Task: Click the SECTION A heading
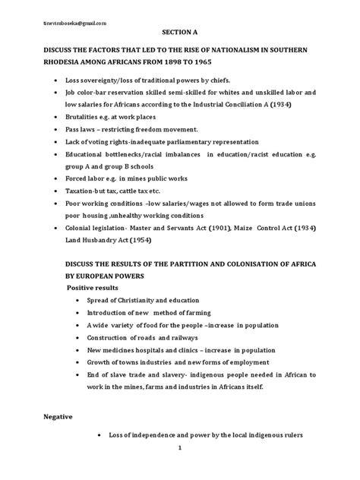coord(179,33)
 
